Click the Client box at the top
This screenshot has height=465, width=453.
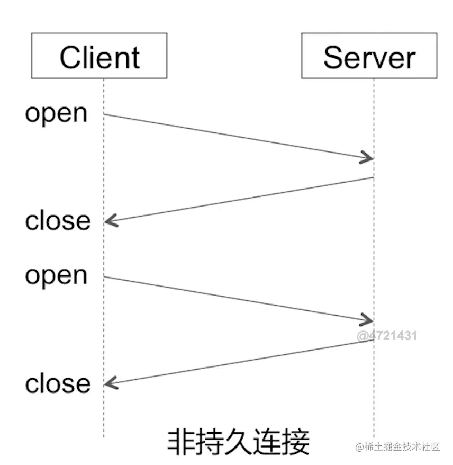click(99, 56)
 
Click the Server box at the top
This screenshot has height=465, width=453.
click(369, 56)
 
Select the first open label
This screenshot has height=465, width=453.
click(56, 113)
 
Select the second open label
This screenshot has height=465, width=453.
click(56, 275)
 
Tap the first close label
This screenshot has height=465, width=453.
click(58, 220)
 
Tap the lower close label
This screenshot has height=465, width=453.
click(58, 383)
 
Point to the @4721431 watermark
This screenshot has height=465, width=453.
click(387, 335)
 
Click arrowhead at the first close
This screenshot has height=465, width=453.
click(110, 221)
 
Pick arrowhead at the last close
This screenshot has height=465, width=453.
click(110, 383)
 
